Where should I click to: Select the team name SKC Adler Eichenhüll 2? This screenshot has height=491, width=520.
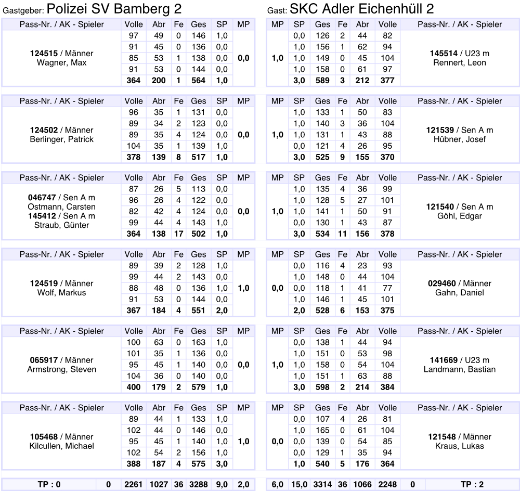[x=361, y=9]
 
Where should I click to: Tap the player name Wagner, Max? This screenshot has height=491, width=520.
[x=61, y=63]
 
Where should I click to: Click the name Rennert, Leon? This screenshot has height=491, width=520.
[x=460, y=63]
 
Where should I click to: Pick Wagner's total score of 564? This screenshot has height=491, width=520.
[x=198, y=81]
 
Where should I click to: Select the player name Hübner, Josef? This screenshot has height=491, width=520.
[x=460, y=139]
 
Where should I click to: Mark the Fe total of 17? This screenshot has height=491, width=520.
[x=178, y=234]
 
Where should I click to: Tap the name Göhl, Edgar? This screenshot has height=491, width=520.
[x=460, y=216]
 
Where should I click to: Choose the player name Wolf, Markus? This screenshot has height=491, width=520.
[x=61, y=293]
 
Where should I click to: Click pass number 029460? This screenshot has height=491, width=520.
[x=441, y=283]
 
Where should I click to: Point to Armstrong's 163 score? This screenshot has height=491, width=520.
[x=198, y=343]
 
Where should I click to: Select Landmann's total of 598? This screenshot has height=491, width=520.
[x=322, y=387]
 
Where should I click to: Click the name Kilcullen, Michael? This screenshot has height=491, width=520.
[x=61, y=446]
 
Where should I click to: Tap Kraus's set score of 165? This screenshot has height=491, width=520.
[x=322, y=431]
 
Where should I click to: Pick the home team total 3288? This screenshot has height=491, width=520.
[x=198, y=485]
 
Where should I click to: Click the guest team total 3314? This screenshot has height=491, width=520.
[x=322, y=485]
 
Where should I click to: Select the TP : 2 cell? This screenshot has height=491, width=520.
[x=472, y=485]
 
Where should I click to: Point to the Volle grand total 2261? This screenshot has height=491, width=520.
[x=134, y=485]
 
